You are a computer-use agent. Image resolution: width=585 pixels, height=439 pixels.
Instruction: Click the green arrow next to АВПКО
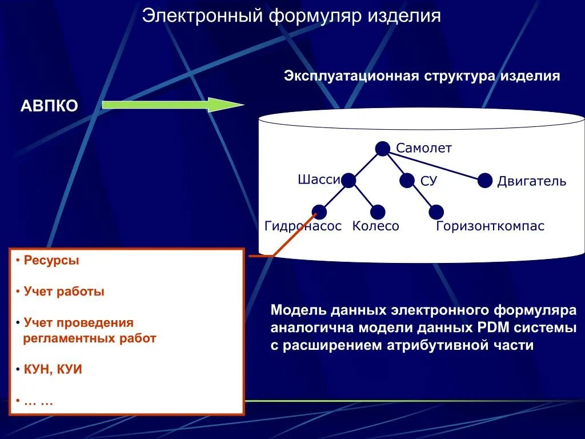[171, 105]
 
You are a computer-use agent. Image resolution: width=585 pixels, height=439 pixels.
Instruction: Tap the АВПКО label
[49, 106]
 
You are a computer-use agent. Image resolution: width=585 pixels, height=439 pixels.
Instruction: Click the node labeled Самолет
[382, 149]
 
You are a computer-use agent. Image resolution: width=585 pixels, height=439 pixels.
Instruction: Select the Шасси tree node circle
[348, 181]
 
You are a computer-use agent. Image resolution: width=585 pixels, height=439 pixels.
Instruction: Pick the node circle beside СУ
[407, 181]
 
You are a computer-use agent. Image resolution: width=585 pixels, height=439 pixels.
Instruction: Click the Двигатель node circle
[485, 181]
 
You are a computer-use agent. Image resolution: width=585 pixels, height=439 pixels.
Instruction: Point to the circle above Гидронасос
[319, 212]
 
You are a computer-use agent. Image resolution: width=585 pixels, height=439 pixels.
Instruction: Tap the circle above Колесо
[378, 212]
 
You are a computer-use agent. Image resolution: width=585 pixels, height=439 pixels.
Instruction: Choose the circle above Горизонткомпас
[436, 212]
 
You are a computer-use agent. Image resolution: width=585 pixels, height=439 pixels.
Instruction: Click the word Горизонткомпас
[490, 226]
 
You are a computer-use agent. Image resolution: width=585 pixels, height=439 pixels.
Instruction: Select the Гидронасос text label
[303, 226]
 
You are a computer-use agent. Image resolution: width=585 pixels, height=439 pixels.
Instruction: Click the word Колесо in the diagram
[375, 226]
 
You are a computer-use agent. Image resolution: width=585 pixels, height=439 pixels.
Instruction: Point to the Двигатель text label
[531, 182]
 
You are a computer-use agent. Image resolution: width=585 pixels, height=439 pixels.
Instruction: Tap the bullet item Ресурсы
[51, 261]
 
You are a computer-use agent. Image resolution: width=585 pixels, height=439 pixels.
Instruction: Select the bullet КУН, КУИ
[53, 369]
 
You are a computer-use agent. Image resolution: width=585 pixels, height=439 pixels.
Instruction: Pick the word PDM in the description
[491, 328]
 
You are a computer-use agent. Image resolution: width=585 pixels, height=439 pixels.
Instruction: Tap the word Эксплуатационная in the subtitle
[348, 76]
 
